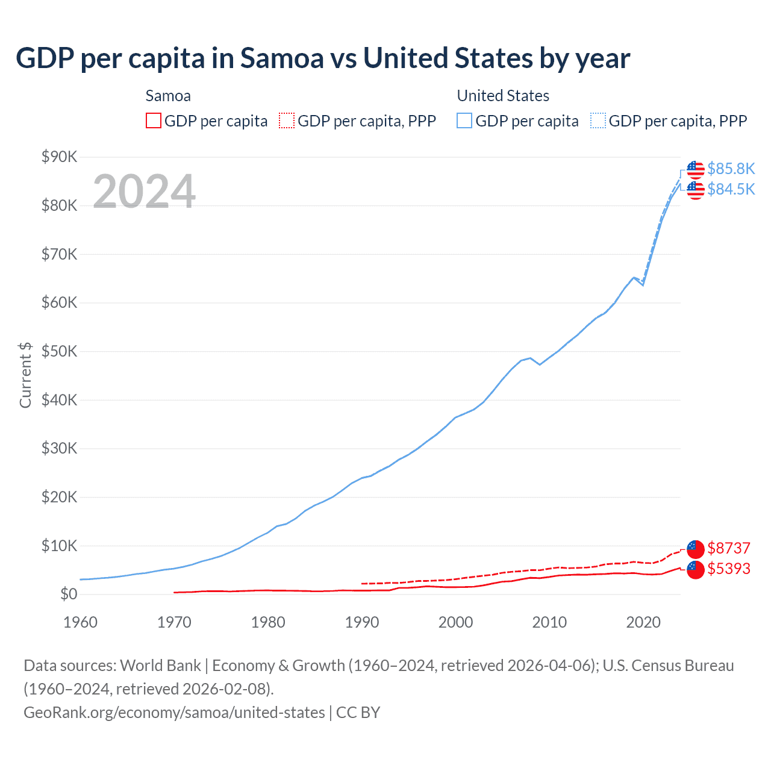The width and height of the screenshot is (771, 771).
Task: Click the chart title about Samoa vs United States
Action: pyautogui.click(x=323, y=58)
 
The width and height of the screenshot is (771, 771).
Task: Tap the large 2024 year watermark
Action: pyautogui.click(x=144, y=192)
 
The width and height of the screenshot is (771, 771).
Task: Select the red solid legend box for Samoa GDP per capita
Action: pyautogui.click(x=154, y=121)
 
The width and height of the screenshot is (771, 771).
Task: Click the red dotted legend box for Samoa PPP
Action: pyautogui.click(x=287, y=121)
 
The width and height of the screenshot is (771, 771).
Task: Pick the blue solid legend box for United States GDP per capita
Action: pyautogui.click(x=464, y=121)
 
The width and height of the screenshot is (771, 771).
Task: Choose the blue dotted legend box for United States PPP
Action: pyautogui.click(x=598, y=121)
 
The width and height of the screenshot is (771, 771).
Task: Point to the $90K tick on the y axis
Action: pyautogui.click(x=60, y=157)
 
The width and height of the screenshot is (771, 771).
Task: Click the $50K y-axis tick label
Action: pyautogui.click(x=60, y=352)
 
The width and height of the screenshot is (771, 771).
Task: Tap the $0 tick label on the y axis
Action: pyautogui.click(x=69, y=595)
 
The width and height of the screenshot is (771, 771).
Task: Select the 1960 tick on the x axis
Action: pyautogui.click(x=80, y=622)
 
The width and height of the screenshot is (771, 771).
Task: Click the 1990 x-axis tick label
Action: pyautogui.click(x=362, y=622)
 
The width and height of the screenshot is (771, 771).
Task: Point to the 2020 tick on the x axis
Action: pyautogui.click(x=643, y=622)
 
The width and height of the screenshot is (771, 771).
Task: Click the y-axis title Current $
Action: pyautogui.click(x=25, y=375)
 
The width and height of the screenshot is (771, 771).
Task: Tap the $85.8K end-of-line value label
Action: pyautogui.click(x=731, y=169)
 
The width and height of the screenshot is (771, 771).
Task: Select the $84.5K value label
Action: pyautogui.click(x=731, y=189)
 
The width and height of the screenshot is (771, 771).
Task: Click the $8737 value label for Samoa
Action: pyautogui.click(x=729, y=548)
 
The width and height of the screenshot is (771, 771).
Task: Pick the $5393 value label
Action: pyautogui.click(x=729, y=569)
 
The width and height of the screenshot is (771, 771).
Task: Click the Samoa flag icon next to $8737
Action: pyautogui.click(x=696, y=549)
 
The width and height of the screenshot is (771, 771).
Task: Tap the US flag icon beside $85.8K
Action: pyautogui.click(x=696, y=170)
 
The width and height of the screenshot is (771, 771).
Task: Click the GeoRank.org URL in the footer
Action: pyautogui.click(x=174, y=713)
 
